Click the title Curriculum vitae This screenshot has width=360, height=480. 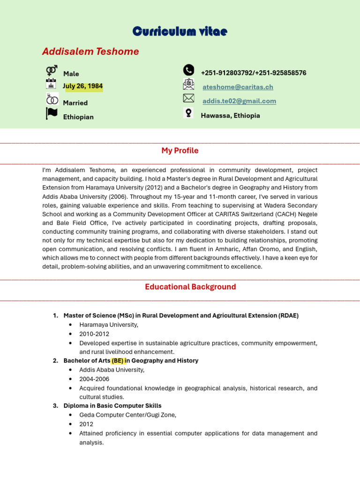point(180,31)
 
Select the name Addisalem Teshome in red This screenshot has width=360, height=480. point(90,52)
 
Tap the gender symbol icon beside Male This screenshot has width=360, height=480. point(52,71)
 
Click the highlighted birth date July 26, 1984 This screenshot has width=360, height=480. point(83,86)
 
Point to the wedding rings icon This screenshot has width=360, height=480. point(52,99)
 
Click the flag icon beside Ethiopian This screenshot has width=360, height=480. point(52,114)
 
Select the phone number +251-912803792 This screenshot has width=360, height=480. point(227,73)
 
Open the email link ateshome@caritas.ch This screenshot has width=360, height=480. point(238,87)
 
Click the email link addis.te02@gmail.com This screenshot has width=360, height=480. point(239,101)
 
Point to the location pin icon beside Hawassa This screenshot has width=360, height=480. point(188,113)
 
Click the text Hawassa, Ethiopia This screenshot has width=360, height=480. point(230,116)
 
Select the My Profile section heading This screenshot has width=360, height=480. point(180,150)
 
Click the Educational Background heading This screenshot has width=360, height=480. point(190,287)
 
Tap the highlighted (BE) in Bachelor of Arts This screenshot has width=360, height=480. point(118,361)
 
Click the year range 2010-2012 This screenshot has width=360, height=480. point(94,334)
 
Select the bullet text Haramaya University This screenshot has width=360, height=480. point(109,325)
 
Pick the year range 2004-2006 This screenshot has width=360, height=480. point(94,379)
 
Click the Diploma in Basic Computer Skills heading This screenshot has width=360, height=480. point(112,406)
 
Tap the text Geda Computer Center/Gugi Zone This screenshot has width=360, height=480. point(127,415)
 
